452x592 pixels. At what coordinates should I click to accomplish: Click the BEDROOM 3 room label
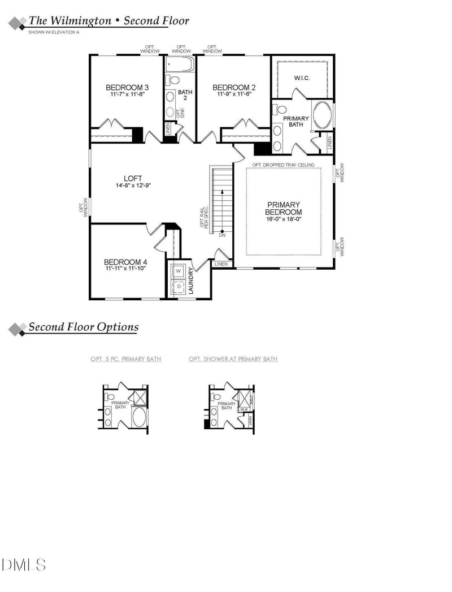(127, 88)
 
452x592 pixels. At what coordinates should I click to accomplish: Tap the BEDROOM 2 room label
(234, 88)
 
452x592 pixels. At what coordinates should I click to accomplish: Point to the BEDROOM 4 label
(125, 262)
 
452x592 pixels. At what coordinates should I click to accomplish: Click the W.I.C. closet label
(301, 77)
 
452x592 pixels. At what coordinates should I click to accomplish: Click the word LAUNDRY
(192, 281)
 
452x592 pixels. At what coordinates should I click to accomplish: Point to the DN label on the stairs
(222, 235)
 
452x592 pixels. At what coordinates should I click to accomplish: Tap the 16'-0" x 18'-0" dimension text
(284, 219)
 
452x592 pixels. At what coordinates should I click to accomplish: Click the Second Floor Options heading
(83, 327)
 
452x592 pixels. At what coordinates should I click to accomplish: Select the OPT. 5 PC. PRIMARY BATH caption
(125, 359)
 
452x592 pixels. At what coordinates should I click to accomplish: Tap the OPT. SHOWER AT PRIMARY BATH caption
(233, 359)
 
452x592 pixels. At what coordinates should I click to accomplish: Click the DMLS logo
(24, 564)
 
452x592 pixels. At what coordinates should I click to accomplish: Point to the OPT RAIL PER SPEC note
(204, 217)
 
